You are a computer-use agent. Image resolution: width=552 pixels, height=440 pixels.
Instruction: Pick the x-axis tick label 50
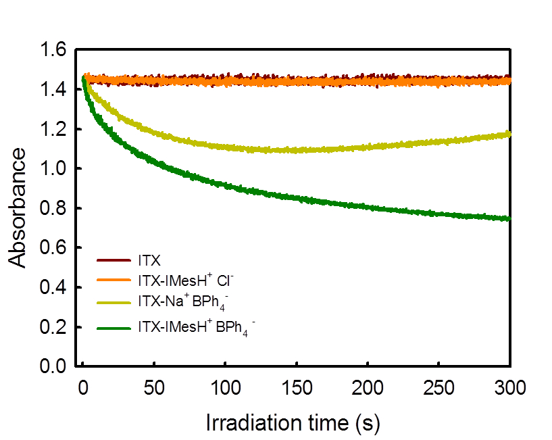[x=154, y=386]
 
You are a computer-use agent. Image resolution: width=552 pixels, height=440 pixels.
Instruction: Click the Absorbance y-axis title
[x=20, y=207]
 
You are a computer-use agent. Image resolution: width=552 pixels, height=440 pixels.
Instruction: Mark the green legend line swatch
[x=112, y=328]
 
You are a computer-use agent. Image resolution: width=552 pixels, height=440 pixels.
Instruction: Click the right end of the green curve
[x=508, y=218]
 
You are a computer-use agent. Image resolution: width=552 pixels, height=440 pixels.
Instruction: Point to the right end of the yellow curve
[x=508, y=134]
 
